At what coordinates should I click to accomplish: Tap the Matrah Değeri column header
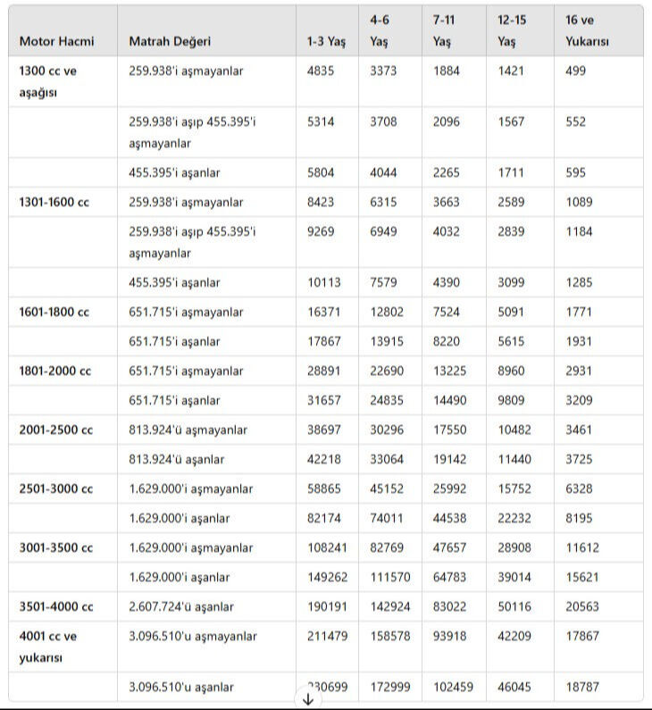click(x=170, y=42)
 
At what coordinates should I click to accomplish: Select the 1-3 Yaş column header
click(x=325, y=42)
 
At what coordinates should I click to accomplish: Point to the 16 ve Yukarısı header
click(x=588, y=30)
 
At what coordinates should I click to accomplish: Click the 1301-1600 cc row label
click(x=54, y=203)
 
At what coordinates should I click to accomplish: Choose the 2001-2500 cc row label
click(x=56, y=430)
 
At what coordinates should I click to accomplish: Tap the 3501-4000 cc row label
click(x=56, y=607)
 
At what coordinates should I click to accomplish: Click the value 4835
click(x=321, y=71)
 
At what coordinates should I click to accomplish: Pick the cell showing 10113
click(x=324, y=283)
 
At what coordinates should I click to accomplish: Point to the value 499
click(x=576, y=71)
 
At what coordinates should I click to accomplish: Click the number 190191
click(x=328, y=607)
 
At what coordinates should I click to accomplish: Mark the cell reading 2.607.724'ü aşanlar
click(x=181, y=607)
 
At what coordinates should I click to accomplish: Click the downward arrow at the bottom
click(x=308, y=700)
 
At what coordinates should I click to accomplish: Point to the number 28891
click(x=324, y=372)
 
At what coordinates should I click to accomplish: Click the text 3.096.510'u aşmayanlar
click(x=193, y=637)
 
